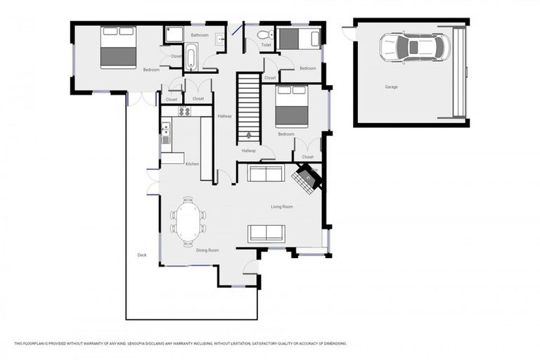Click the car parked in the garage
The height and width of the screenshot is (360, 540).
tap(413, 47)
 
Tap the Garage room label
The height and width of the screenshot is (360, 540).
tap(391, 87)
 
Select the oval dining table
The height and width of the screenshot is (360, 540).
tap(188, 221)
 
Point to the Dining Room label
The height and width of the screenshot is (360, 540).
tap(207, 250)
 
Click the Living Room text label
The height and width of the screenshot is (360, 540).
tap(282, 207)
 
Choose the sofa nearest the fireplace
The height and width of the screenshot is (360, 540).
tap(266, 173)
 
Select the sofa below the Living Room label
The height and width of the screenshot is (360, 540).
tap(266, 233)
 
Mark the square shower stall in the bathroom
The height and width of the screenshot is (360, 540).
tap(174, 34)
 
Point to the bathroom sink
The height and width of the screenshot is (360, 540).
tap(221, 39)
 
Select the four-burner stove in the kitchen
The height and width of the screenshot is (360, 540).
tap(184, 111)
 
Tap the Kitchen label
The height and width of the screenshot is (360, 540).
tap(192, 164)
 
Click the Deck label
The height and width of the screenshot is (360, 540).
tap(141, 255)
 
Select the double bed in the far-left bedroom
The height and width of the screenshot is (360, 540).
tap(118, 47)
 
